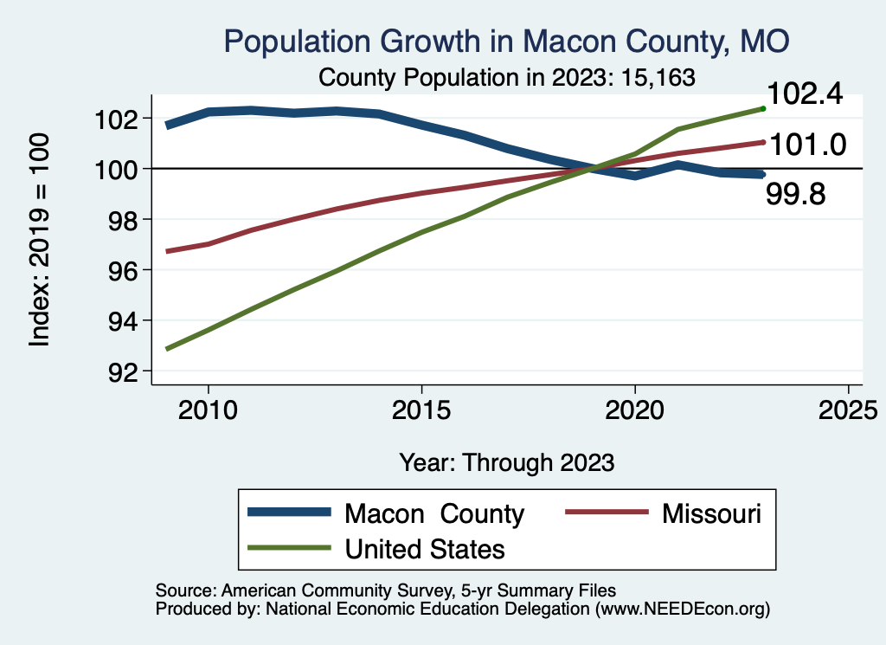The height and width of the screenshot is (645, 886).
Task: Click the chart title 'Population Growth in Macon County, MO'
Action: pyautogui.click(x=506, y=42)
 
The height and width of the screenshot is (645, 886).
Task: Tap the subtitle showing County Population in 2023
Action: pyautogui.click(x=507, y=77)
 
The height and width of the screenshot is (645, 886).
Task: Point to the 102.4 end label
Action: pyautogui.click(x=805, y=94)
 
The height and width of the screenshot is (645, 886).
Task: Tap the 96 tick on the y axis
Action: pyautogui.click(x=117, y=271)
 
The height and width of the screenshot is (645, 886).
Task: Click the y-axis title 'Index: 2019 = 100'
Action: pyautogui.click(x=40, y=240)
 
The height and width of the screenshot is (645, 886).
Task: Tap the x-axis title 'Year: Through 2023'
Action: pyautogui.click(x=507, y=462)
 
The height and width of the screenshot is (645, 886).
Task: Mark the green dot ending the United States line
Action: pyautogui.click(x=763, y=108)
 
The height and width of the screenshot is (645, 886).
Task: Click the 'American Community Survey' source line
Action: pyautogui.click(x=386, y=590)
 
